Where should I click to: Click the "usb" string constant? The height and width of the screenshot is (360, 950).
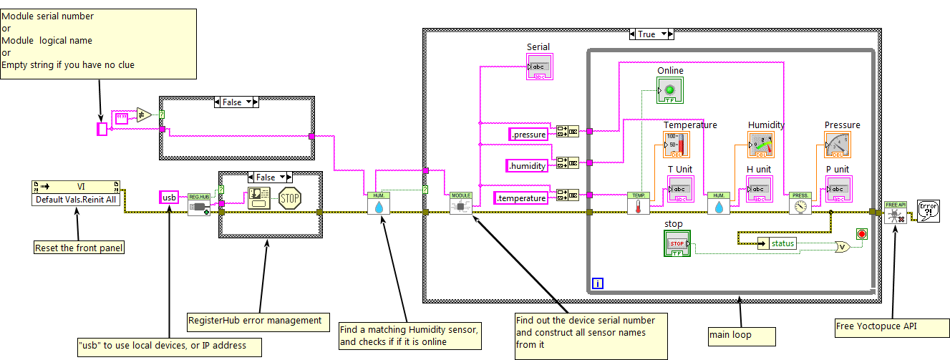point(169,197)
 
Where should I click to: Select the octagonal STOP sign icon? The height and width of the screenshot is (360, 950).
point(290,198)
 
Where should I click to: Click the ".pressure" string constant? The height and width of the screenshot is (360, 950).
point(528,134)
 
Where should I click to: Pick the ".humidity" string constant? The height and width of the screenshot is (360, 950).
point(528,165)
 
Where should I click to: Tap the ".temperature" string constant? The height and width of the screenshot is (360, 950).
point(522,197)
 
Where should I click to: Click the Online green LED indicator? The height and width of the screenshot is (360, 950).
point(670,90)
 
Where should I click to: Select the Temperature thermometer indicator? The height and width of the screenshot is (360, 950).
point(676,145)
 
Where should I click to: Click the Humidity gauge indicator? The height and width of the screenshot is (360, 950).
point(760,145)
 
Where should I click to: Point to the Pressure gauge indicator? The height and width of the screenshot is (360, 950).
point(838,145)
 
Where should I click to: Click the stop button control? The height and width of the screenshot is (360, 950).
point(677,243)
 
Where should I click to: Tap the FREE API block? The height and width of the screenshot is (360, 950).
point(895,212)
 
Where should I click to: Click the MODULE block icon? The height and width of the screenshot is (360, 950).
point(461,204)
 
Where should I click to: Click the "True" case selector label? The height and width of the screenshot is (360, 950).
point(646,34)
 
